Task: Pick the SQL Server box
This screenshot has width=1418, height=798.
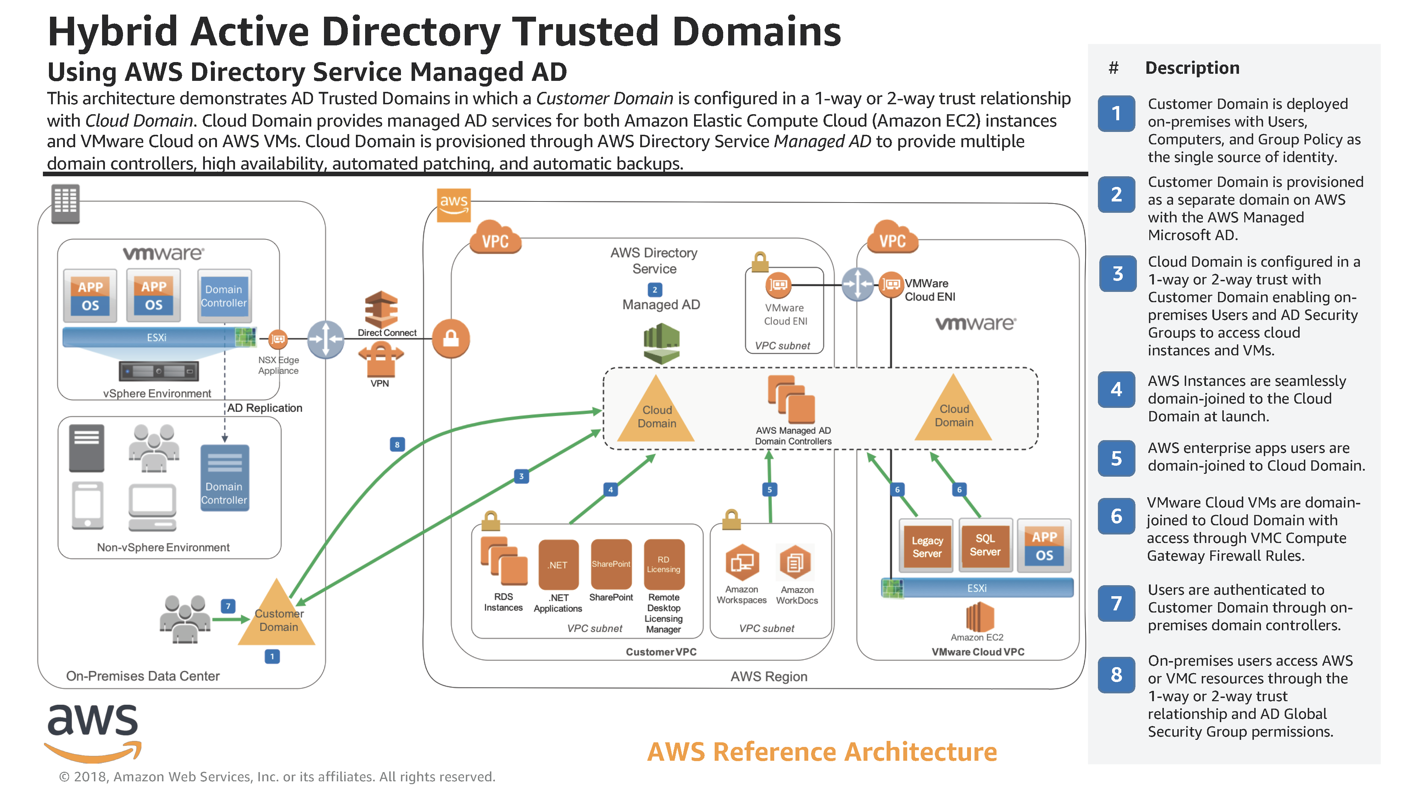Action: pos(985,545)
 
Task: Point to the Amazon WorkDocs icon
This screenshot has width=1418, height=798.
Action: pos(795,563)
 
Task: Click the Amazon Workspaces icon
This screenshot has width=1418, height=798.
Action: pos(742,563)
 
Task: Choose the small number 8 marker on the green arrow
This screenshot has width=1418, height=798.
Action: pos(397,444)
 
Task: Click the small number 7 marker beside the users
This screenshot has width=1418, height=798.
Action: pos(228,606)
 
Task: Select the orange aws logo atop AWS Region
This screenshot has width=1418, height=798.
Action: pos(454,205)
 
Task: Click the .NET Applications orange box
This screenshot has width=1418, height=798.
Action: pos(558,565)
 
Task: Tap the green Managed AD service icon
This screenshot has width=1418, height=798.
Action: pos(661,343)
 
